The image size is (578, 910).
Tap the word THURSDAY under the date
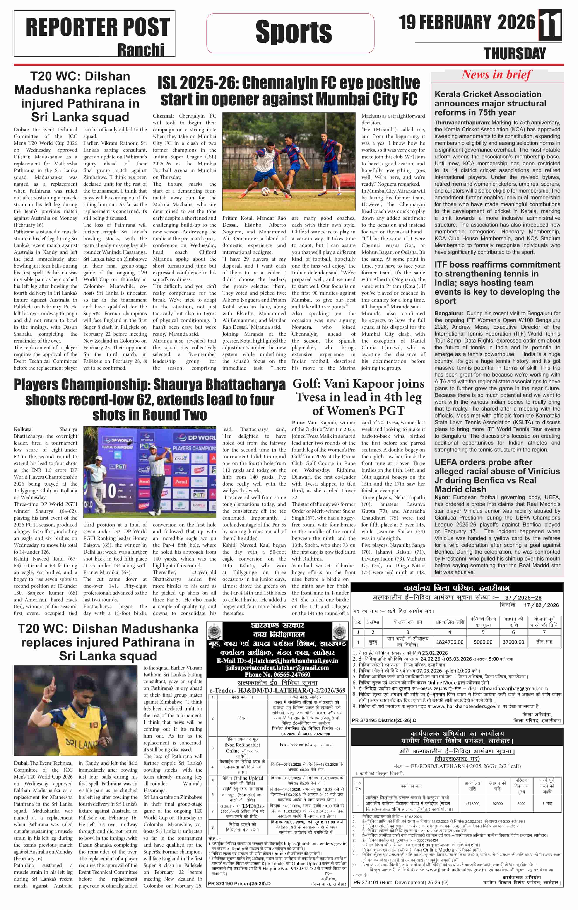pos(515,54)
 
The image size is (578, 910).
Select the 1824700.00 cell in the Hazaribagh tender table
pos(450,642)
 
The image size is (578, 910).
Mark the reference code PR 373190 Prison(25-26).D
pos(239,884)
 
